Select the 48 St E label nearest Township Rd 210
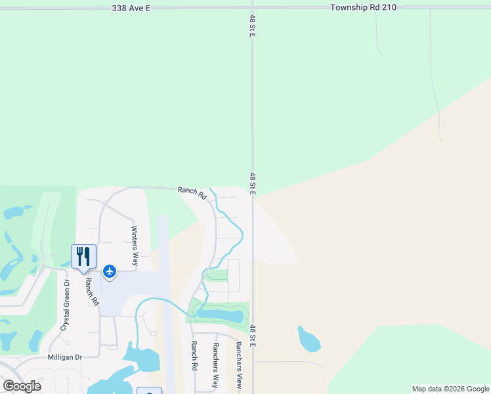251,26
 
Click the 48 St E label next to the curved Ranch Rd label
253,183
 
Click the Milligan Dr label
64,357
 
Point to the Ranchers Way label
214,364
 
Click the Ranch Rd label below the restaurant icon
91,291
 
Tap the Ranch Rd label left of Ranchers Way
194,355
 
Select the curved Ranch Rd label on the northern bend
192,192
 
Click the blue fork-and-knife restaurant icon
83,255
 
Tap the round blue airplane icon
109,271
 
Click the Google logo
22,385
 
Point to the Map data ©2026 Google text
450,389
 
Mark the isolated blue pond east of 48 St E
308,339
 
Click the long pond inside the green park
219,315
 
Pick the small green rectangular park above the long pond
217,274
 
